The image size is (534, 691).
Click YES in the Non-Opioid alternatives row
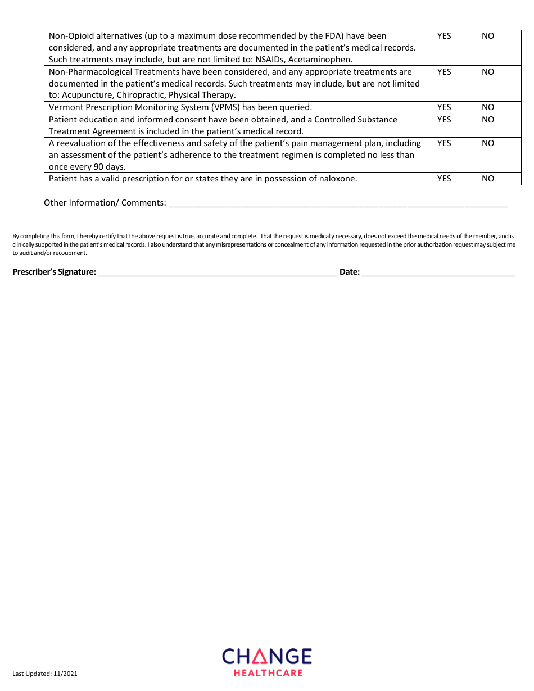pyautogui.click(x=444, y=36)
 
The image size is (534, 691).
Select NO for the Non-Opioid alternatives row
pyautogui.click(x=488, y=36)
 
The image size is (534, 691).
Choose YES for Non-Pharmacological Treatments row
pyautogui.click(x=444, y=72)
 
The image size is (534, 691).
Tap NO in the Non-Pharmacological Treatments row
pyautogui.click(x=488, y=72)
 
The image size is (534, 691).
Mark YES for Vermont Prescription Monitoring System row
pyautogui.click(x=444, y=107)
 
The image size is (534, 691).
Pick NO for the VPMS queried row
pyautogui.click(x=488, y=107)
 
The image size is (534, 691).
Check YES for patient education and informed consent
pyautogui.click(x=444, y=120)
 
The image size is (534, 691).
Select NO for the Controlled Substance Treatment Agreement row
pyautogui.click(x=488, y=120)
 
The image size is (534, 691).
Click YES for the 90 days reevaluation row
pyautogui.click(x=444, y=143)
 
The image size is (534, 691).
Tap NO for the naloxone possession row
pyautogui.click(x=488, y=179)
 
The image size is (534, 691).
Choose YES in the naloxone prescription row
pyautogui.click(x=444, y=179)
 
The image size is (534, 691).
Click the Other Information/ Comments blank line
pyautogui.click(x=337, y=203)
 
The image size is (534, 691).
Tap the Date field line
pyautogui.click(x=438, y=272)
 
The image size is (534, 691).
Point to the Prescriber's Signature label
pyautogui.click(x=54, y=272)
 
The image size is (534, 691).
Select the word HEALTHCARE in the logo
pyautogui.click(x=268, y=672)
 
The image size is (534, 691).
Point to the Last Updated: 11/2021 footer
pyautogui.click(x=45, y=674)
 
